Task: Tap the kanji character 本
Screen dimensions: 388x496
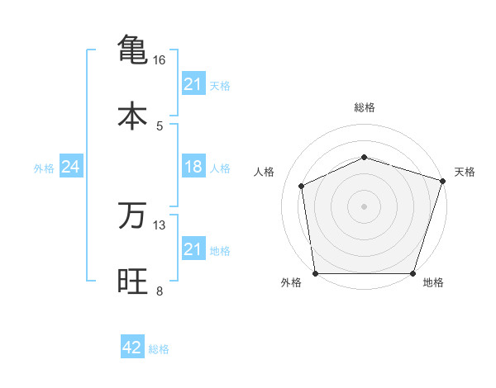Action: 132,115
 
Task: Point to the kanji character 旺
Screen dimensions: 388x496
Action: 132,281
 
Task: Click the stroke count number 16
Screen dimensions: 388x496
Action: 159,60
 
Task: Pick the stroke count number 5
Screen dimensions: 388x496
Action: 160,125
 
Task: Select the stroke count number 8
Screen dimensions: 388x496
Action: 160,291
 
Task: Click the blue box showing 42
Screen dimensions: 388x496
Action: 132,348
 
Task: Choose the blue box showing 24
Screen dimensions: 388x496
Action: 70,168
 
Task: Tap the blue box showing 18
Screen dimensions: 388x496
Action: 193,168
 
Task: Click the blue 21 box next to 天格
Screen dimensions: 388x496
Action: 193,84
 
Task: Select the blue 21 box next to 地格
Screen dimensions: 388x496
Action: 193,250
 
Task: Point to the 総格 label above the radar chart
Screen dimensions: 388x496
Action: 364,107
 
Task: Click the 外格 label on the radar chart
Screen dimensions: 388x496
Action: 291,283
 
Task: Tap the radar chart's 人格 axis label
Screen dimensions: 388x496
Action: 265,172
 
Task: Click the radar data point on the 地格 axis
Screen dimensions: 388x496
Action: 413,273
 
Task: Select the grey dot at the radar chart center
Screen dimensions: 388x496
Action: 364,206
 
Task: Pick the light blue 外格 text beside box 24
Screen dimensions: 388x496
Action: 44,168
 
